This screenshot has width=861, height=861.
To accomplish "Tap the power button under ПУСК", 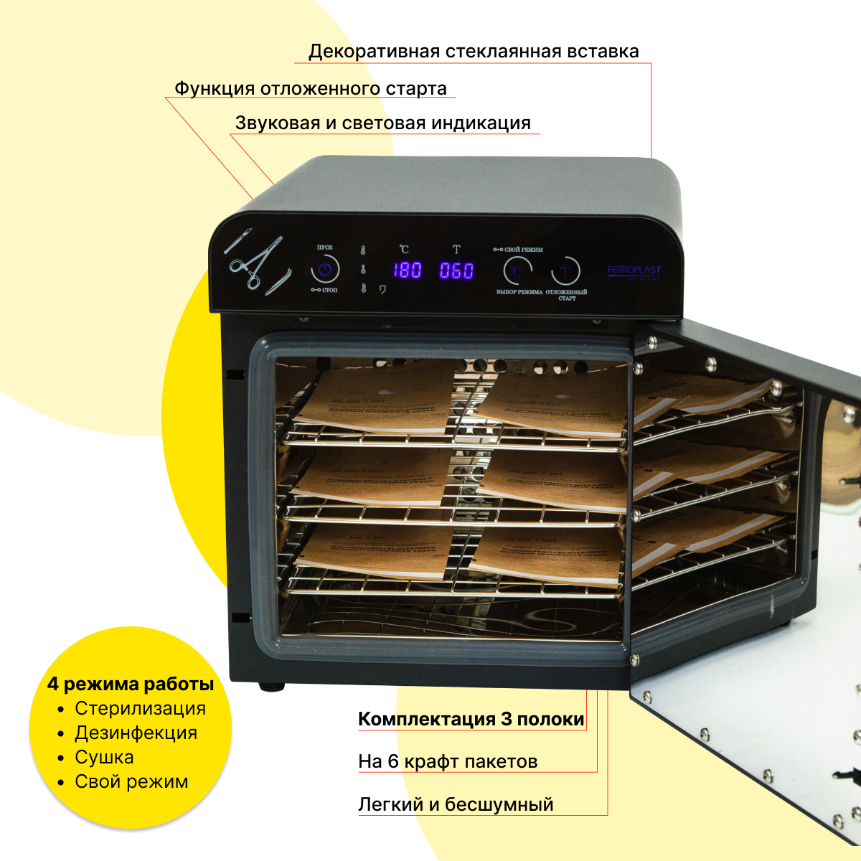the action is (325, 270).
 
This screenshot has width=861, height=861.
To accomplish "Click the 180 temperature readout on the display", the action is (407, 270).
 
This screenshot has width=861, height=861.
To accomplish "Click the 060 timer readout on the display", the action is (456, 270).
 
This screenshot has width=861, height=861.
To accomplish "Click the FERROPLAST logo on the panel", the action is (634, 270).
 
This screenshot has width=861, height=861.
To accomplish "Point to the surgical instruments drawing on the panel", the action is (257, 263).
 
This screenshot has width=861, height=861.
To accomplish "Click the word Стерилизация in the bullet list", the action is (140, 708).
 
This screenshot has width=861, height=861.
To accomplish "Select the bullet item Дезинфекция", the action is (136, 733).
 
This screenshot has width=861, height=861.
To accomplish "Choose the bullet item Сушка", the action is (104, 757).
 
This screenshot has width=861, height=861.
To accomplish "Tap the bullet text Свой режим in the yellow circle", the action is (131, 781).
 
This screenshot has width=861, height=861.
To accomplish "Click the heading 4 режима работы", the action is (131, 684).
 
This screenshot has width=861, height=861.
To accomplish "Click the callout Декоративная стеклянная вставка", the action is (474, 52).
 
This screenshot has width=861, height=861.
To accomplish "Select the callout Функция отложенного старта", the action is (311, 88).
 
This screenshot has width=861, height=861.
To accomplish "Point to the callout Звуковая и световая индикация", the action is (383, 123).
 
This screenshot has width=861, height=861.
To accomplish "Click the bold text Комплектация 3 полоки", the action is (471, 719).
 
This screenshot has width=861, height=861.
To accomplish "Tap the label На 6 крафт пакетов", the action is (448, 761).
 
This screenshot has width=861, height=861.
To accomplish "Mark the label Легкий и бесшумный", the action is (456, 804).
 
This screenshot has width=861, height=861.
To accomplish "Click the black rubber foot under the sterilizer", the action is (271, 687).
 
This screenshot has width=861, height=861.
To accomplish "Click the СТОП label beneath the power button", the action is (329, 290).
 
